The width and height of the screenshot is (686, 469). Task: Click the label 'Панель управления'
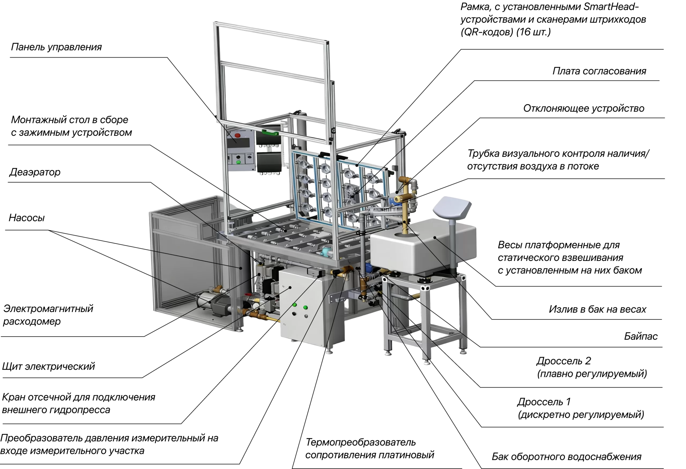[x=56, y=47]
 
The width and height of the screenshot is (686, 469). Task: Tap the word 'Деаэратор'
[x=35, y=172]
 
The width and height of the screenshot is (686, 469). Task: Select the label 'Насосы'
[x=27, y=218]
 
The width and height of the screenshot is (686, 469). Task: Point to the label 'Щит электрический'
[x=49, y=366]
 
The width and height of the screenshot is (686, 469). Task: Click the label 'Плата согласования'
[x=599, y=71]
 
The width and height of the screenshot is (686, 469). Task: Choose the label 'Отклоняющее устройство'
[x=584, y=108]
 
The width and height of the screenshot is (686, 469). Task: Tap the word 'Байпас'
[x=641, y=336]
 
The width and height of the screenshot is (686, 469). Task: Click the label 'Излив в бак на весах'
[x=598, y=309]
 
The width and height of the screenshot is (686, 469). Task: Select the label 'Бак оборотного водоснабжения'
[x=566, y=457]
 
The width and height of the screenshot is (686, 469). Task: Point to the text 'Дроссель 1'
[x=544, y=402]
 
